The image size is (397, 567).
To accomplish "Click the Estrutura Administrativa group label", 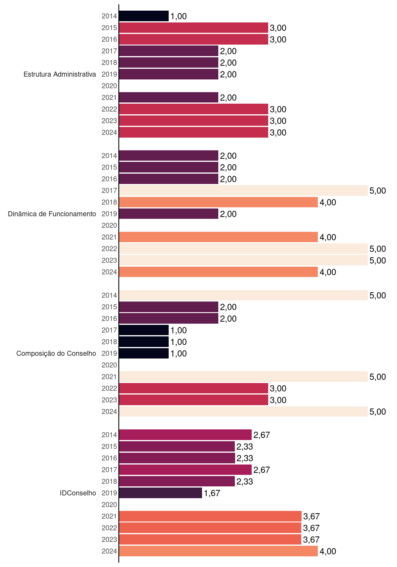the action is (60, 74).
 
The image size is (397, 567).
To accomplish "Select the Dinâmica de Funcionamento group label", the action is (52, 214).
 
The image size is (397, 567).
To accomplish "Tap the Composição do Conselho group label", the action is (56, 353).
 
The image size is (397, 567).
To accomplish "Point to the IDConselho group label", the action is (78, 493).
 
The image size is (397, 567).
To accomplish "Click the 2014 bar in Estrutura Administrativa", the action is (144, 16).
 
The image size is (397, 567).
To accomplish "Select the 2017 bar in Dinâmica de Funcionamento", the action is (243, 190).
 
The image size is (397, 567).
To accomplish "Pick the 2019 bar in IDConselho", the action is (160, 493).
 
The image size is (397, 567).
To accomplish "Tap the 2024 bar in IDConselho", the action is (218, 551).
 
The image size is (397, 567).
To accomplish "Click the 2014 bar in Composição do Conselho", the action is (243, 295).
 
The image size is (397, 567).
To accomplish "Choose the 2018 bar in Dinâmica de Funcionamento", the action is (218, 202).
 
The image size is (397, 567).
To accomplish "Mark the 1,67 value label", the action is (212, 493).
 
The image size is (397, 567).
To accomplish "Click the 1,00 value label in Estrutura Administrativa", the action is (178, 16).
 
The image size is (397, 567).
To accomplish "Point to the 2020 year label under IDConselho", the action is (109, 505).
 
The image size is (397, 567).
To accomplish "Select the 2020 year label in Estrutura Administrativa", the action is (109, 86).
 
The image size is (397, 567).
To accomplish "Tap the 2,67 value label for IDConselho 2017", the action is (261, 470).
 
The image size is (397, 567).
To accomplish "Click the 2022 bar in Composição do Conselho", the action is (193, 388).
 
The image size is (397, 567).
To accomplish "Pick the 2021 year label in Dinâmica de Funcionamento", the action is (109, 237).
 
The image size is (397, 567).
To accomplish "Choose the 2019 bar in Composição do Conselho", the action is (144, 353).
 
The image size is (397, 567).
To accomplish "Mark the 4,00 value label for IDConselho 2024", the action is (328, 551).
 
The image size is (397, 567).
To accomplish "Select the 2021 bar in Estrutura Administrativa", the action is (169, 97).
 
